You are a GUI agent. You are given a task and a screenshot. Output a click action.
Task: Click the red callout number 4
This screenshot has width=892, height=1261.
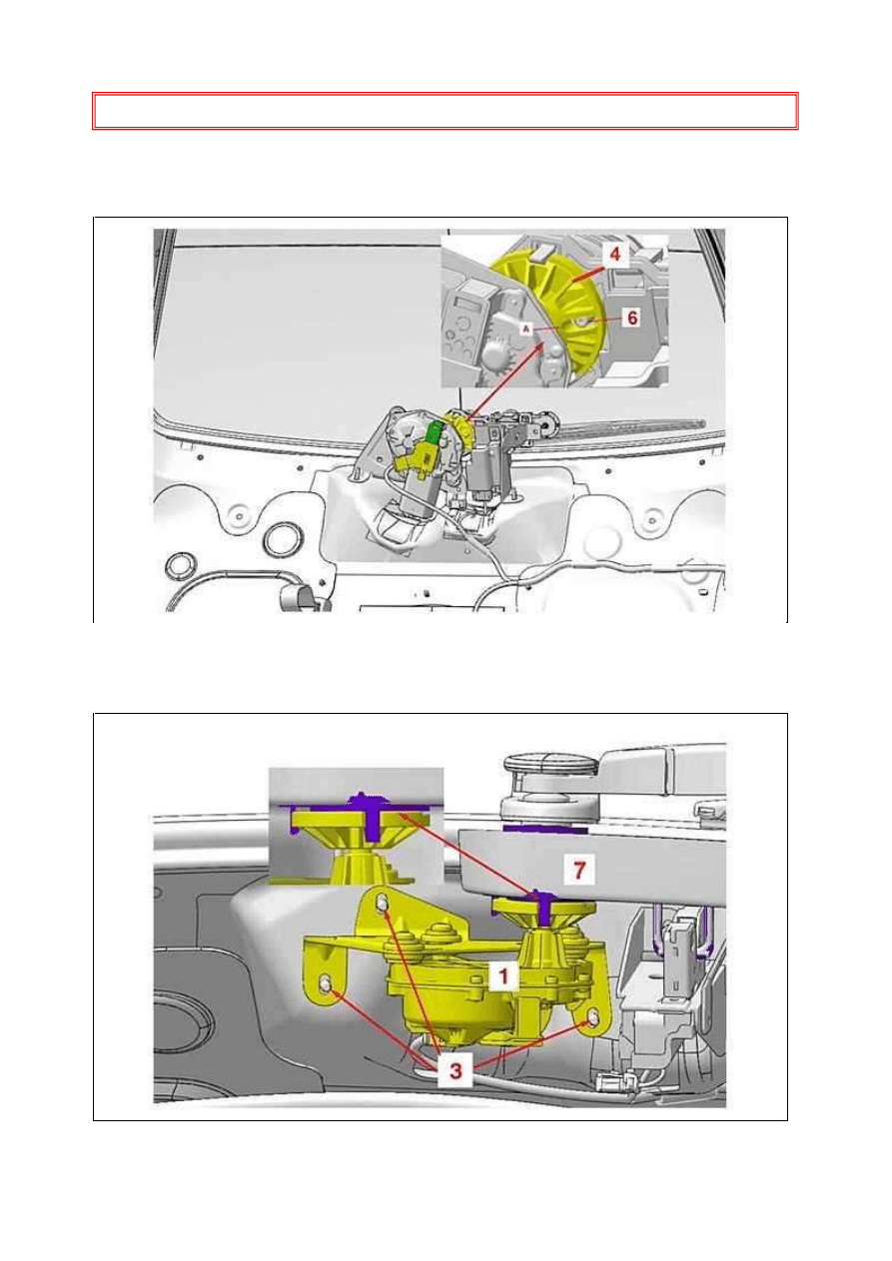615,254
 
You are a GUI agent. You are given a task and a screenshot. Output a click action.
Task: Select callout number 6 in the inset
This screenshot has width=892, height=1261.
632,318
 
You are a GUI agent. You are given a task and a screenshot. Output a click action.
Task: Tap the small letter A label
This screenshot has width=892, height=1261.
526,328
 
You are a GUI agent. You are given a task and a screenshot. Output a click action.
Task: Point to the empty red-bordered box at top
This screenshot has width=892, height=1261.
446,111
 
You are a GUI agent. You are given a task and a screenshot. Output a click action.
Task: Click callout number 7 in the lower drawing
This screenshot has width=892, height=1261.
579,870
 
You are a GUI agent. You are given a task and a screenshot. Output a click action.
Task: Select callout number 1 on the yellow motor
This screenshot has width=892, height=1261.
504,975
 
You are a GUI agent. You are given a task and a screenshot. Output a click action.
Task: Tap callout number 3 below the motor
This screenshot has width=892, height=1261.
456,1070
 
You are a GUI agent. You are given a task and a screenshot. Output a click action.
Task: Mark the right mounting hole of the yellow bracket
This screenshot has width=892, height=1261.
593,1017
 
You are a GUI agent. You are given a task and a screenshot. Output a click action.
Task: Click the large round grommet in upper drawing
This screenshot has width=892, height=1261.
284,540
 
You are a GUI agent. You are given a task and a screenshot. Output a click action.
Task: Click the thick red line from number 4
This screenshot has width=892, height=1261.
588,274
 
